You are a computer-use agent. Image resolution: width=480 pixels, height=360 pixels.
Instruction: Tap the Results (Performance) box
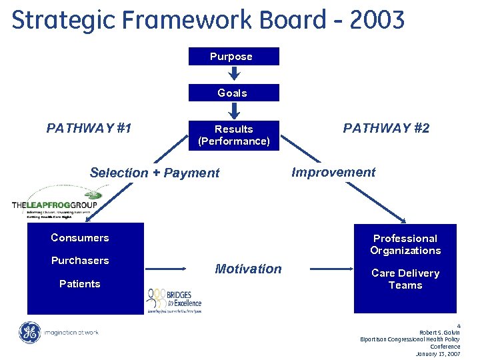(233, 135)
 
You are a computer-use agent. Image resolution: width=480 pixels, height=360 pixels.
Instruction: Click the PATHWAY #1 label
(89, 128)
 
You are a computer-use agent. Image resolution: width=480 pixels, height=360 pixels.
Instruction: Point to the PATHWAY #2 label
(386, 128)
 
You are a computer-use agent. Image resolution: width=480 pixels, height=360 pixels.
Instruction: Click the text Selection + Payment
(154, 173)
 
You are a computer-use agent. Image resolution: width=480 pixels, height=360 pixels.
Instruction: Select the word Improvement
(333, 172)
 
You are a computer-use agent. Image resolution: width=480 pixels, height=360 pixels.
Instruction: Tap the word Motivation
(248, 269)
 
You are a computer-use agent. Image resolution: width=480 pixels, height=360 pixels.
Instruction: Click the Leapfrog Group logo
(55, 199)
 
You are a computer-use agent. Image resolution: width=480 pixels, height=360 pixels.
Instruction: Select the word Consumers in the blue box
(79, 238)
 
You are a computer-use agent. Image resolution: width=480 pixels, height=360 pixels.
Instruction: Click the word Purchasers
(79, 261)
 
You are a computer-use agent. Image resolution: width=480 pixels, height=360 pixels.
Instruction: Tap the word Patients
(79, 284)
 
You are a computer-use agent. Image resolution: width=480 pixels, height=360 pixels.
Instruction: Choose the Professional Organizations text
(405, 245)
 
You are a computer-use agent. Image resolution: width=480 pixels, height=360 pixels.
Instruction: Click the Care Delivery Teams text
(405, 279)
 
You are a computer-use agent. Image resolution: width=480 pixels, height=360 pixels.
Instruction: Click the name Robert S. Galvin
(439, 332)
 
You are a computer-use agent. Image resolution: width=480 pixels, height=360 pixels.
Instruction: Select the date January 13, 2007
(437, 354)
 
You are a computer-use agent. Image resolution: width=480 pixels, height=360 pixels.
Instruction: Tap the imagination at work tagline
(71, 332)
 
